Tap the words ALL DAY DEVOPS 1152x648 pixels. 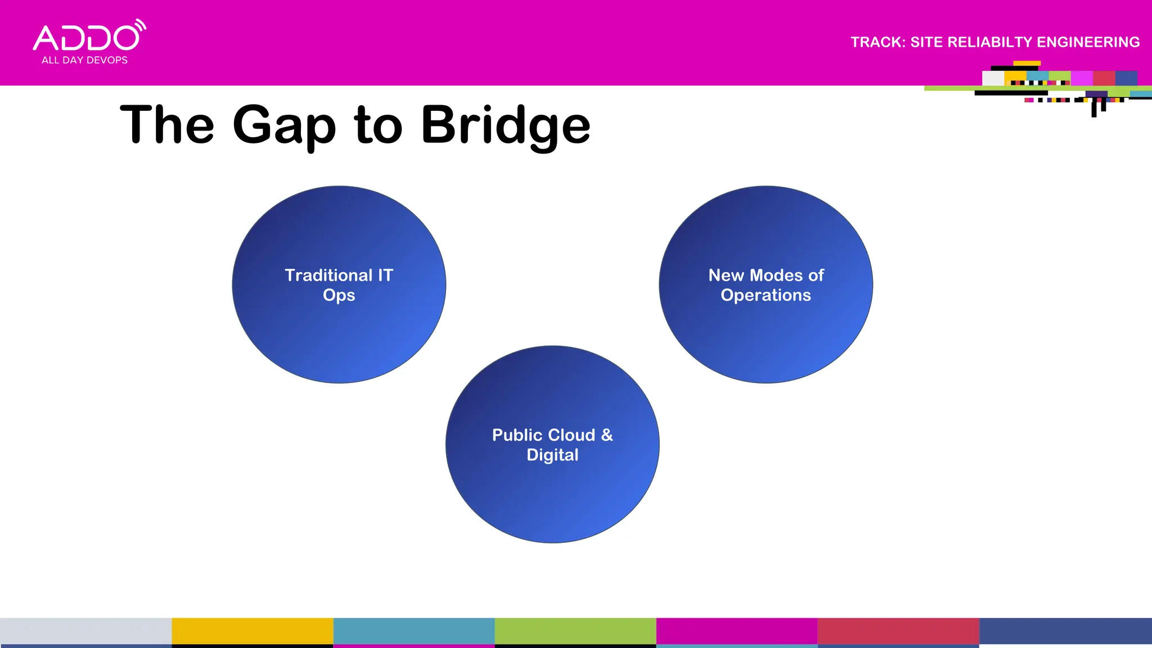(84, 60)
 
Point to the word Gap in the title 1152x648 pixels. (283, 125)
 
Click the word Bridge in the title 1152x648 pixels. (505, 124)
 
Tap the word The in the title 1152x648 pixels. (167, 124)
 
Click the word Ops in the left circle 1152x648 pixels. (339, 295)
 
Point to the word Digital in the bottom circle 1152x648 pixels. (552, 454)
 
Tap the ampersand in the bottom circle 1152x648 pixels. (606, 435)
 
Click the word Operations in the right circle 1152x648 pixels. (766, 295)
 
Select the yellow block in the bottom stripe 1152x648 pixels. (252, 631)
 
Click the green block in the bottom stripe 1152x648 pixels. (575, 631)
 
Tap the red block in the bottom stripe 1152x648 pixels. (898, 631)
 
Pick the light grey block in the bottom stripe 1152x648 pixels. (85, 631)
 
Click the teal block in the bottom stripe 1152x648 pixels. (413, 631)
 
